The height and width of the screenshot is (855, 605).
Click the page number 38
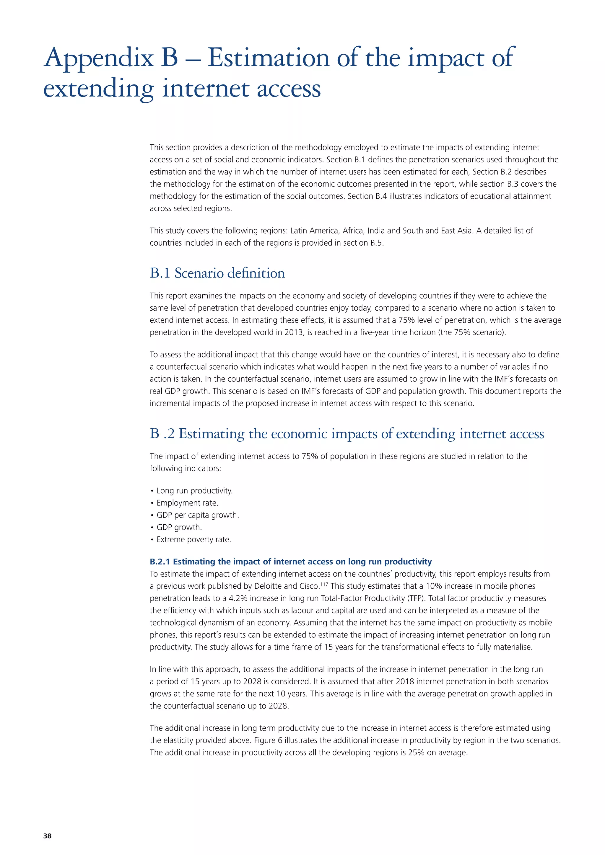coord(47,836)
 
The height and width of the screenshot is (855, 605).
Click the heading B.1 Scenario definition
coord(217,273)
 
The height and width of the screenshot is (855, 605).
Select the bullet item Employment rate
coord(187,503)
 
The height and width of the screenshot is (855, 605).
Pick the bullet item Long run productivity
coord(194,490)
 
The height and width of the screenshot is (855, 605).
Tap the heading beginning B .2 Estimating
coord(347,434)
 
